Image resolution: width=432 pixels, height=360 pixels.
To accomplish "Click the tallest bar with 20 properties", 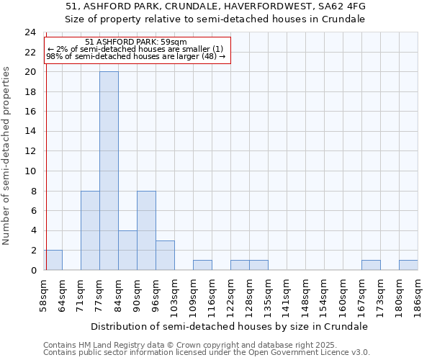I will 109,171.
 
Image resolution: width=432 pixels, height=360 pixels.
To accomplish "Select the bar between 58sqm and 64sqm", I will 53,260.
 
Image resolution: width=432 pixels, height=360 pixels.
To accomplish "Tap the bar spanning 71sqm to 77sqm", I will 90,230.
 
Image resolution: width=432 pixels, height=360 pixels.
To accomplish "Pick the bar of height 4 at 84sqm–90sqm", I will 127,250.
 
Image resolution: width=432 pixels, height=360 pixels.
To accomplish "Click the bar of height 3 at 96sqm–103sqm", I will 165,255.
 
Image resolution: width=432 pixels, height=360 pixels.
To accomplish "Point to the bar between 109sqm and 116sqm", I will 202,265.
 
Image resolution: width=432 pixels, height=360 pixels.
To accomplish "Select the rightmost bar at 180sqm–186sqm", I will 408,265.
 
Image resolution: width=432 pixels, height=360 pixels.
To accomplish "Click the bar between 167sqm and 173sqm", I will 371,265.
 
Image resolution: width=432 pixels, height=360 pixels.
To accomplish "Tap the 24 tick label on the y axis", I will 30,32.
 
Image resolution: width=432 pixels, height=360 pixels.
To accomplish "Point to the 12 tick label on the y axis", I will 30,151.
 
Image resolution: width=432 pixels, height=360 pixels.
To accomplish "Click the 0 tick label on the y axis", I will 33,270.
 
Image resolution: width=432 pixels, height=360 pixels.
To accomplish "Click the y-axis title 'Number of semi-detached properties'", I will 7,156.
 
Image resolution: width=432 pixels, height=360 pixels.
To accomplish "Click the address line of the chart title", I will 216,6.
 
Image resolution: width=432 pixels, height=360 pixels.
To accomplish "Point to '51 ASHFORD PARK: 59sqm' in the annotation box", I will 135,42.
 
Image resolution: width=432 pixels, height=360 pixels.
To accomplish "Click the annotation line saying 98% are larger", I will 135,56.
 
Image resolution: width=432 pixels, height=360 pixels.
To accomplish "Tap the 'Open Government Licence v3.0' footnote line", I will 207,353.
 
